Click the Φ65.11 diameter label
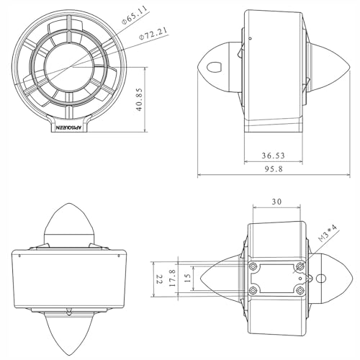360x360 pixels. (x=134, y=14)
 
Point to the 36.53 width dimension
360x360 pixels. (x=273, y=156)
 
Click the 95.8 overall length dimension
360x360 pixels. (x=274, y=169)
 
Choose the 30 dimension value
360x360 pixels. (x=276, y=202)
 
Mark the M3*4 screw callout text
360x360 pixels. (x=328, y=233)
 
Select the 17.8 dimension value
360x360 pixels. (x=173, y=278)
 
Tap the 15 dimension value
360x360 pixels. (x=188, y=278)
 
